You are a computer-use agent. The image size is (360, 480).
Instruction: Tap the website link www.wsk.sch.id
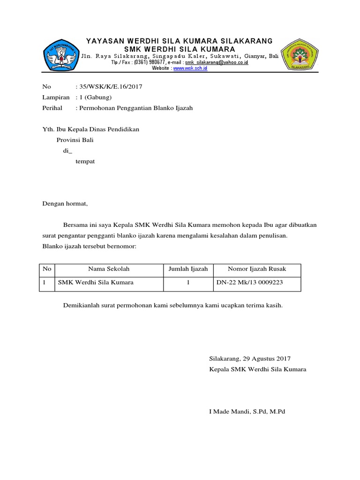(x=190, y=68)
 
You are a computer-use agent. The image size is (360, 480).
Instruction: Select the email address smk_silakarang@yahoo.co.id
(x=216, y=62)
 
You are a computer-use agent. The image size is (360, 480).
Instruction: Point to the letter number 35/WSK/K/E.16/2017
(x=110, y=87)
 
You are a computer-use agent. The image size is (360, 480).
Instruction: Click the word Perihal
(x=52, y=108)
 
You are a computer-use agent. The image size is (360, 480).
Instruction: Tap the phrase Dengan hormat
(x=65, y=204)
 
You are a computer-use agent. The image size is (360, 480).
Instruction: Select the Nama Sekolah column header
(x=109, y=269)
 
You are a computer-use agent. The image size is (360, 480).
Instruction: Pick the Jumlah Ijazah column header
(x=188, y=269)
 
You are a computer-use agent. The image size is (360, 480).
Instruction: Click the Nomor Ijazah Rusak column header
(x=257, y=269)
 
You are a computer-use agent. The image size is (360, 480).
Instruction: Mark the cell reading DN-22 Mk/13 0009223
(x=250, y=283)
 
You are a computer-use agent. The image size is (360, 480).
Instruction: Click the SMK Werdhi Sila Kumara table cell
(x=96, y=283)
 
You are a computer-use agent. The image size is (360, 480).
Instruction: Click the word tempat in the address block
(x=85, y=161)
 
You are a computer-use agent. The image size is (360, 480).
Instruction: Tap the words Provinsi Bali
(x=75, y=140)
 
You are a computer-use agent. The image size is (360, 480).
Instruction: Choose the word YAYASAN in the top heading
(x=103, y=41)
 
